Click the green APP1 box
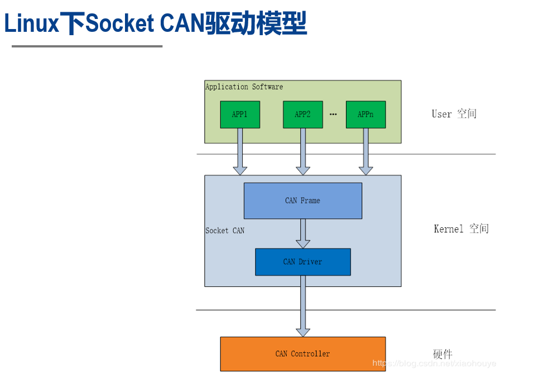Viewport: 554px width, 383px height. point(240,114)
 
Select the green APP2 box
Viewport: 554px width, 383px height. point(302,114)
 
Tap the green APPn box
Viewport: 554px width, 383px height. point(365,114)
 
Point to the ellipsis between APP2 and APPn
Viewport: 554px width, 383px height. point(334,114)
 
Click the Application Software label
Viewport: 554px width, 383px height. point(244,87)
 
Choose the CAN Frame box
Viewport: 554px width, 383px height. point(302,200)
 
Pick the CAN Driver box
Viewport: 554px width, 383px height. point(302,262)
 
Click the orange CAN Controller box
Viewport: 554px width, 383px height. point(302,354)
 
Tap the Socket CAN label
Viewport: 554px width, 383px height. point(225,231)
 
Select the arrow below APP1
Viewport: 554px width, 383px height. point(240,151)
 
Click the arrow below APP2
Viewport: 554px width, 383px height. point(303,151)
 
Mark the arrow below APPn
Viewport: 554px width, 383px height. point(365,151)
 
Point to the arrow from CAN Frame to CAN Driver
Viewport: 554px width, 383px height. point(303,233)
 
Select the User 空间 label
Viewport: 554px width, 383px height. point(454,114)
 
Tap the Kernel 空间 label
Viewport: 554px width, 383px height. point(461,229)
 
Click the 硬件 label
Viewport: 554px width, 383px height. point(443,354)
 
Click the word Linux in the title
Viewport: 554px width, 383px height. point(31,24)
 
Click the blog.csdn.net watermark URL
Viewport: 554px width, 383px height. point(434,363)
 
